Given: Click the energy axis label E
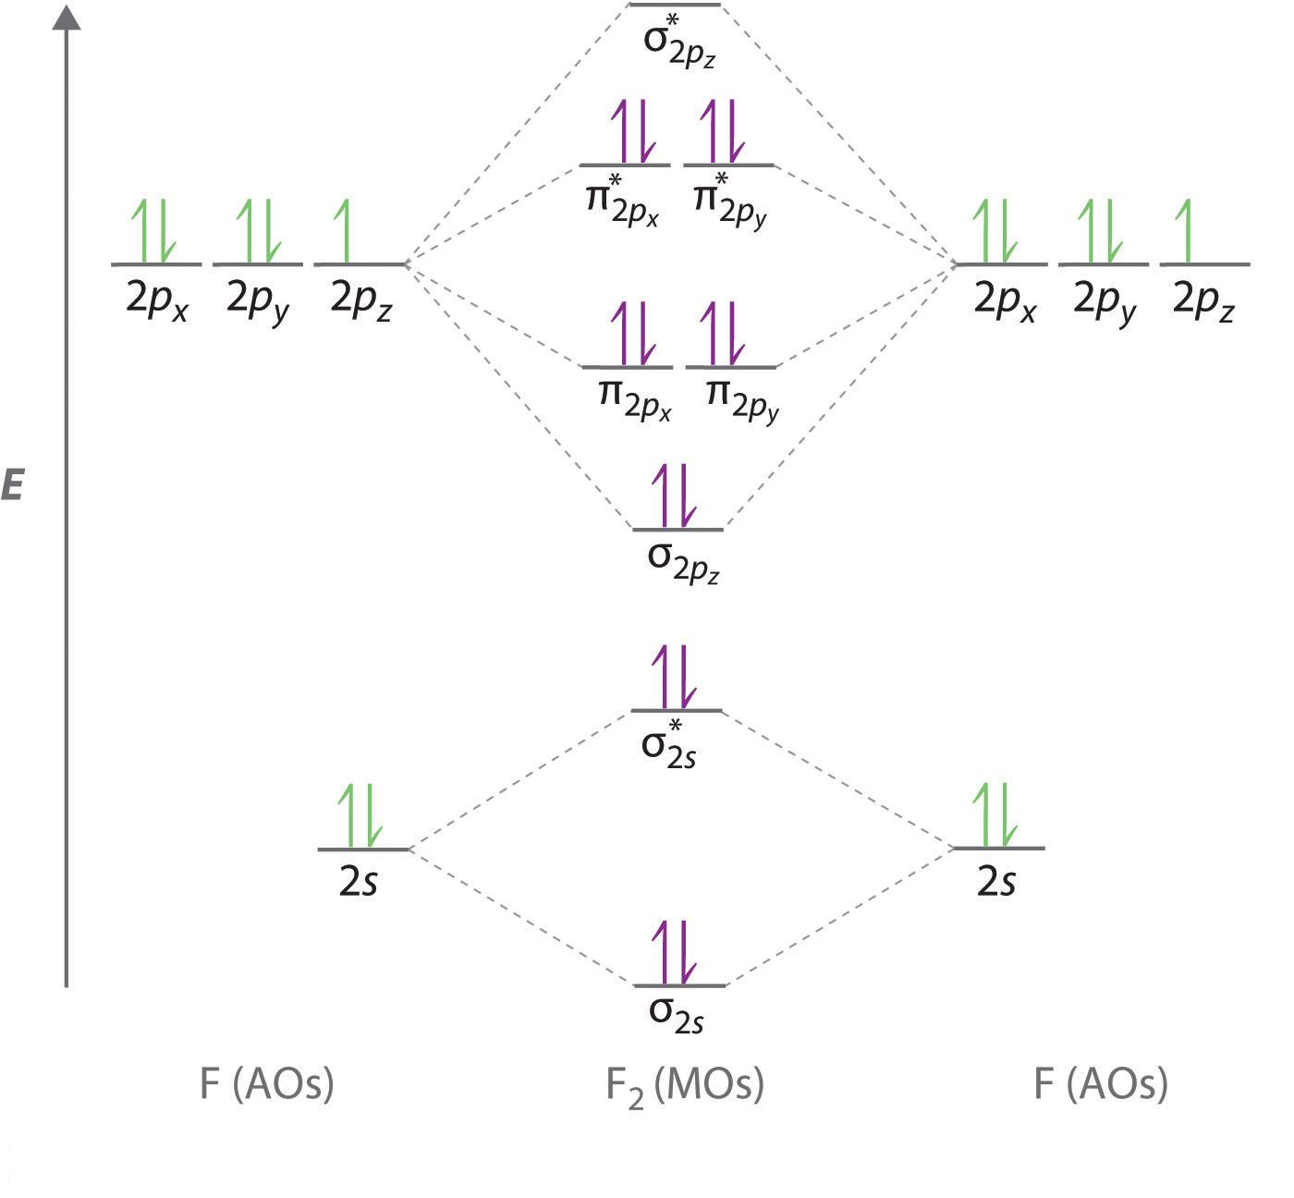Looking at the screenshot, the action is (x=12, y=484).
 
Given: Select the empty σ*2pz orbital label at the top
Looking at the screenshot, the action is (x=679, y=42).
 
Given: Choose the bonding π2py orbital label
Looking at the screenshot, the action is (x=742, y=400).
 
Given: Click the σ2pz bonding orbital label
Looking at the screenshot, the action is (x=683, y=563).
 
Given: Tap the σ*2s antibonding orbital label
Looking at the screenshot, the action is (x=668, y=744).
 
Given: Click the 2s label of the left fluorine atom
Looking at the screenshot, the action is (x=359, y=882).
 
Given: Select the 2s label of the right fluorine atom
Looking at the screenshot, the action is (x=996, y=882).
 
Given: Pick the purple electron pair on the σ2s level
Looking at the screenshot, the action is (x=675, y=952).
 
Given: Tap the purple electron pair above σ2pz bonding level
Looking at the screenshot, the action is (x=675, y=495).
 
